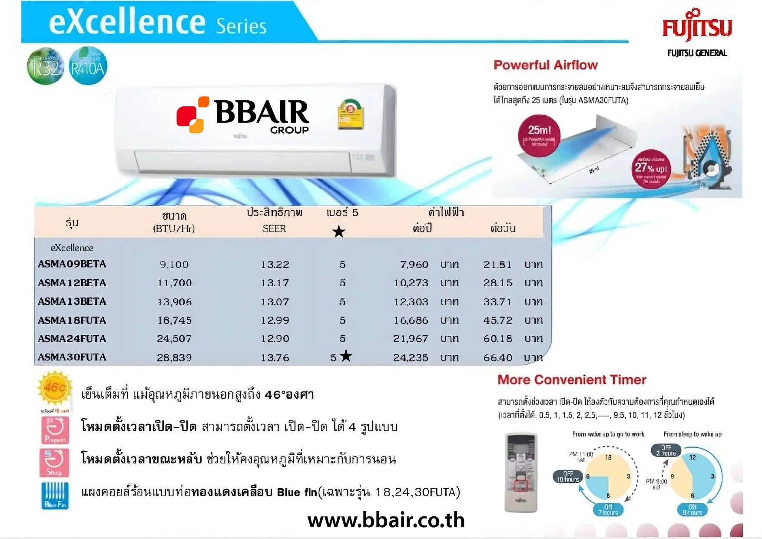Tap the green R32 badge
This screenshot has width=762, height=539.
(x=45, y=66)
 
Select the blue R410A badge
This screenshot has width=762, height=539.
(x=88, y=66)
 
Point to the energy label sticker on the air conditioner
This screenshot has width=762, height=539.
(x=351, y=114)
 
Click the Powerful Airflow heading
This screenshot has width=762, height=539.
(x=545, y=65)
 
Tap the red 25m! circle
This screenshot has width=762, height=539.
(x=539, y=135)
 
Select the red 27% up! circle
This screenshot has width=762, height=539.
(x=651, y=169)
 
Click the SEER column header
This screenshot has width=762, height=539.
(x=274, y=228)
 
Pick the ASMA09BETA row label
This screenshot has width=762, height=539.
(x=72, y=264)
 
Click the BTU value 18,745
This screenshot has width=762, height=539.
(x=174, y=321)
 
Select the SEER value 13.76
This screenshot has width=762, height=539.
(x=275, y=358)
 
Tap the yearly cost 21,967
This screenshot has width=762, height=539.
(x=411, y=339)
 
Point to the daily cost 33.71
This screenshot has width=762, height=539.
(x=497, y=302)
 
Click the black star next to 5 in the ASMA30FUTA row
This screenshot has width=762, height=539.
(x=346, y=356)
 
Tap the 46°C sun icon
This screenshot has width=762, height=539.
(x=55, y=387)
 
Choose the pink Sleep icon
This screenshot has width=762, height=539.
(x=54, y=463)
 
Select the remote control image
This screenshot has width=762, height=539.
(x=521, y=472)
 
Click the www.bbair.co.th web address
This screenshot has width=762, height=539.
(x=386, y=520)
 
